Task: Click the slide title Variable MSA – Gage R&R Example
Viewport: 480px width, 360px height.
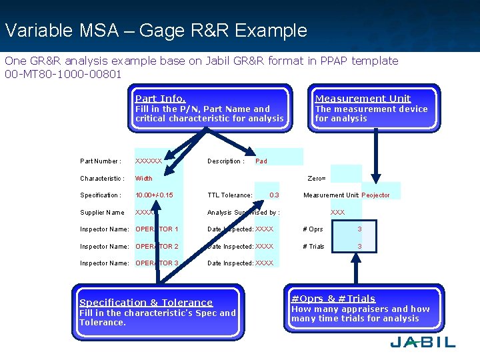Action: pyautogui.click(x=155, y=31)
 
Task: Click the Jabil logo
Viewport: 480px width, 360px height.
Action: pyautogui.click(x=423, y=342)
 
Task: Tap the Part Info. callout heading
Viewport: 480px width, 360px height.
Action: pyautogui.click(x=161, y=98)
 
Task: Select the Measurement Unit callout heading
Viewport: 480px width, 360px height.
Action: pyautogui.click(x=363, y=98)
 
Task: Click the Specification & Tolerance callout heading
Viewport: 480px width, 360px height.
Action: pyautogui.click(x=146, y=302)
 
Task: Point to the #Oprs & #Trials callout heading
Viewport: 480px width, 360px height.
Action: pyautogui.click(x=333, y=299)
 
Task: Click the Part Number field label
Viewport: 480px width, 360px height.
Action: pyautogui.click(x=100, y=161)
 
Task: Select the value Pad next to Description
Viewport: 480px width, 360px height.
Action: pyautogui.click(x=261, y=161)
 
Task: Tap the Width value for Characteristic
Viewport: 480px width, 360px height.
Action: pyautogui.click(x=144, y=179)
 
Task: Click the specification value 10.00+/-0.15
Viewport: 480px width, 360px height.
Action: pyautogui.click(x=154, y=195)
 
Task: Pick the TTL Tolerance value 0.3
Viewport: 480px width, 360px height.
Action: pyautogui.click(x=274, y=195)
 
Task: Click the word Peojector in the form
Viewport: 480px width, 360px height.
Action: pyautogui.click(x=375, y=195)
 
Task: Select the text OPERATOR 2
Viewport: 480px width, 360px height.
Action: pyautogui.click(x=157, y=247)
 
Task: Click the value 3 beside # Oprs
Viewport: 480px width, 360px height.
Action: pyautogui.click(x=359, y=229)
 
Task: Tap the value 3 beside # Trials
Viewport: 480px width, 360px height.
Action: pyautogui.click(x=359, y=247)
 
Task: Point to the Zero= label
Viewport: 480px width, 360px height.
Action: pyautogui.click(x=316, y=179)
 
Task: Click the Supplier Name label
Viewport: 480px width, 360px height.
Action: pyautogui.click(x=102, y=213)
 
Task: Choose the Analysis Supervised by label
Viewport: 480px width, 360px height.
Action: pyautogui.click(x=243, y=213)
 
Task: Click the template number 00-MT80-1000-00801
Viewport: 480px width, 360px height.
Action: pyautogui.click(x=63, y=74)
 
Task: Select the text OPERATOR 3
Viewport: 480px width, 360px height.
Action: pyautogui.click(x=157, y=263)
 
